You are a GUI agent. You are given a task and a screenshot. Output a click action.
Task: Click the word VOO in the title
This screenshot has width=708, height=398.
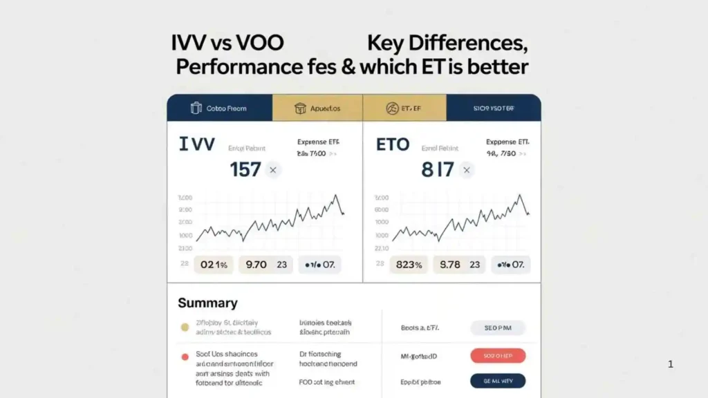(260, 43)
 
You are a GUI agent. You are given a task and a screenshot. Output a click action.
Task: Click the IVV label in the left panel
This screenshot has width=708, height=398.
(197, 144)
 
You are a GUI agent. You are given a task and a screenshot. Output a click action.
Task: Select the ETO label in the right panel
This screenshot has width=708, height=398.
(393, 145)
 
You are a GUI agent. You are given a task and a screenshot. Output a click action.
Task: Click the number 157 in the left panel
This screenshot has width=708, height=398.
(245, 169)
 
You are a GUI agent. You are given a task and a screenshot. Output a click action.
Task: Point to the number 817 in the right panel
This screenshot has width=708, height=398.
(438, 169)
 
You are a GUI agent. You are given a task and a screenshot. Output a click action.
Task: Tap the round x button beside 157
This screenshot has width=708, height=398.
(272, 169)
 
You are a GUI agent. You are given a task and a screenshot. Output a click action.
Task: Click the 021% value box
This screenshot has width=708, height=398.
(214, 264)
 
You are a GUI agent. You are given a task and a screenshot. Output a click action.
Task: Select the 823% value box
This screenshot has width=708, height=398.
(410, 264)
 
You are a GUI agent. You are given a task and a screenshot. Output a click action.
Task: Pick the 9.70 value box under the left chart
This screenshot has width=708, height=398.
(265, 264)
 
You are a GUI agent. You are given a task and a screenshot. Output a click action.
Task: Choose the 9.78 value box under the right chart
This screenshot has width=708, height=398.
(460, 264)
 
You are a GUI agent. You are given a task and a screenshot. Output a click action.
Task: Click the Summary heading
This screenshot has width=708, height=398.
(207, 303)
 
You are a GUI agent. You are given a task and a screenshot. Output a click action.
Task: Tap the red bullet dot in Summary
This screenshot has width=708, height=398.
(185, 357)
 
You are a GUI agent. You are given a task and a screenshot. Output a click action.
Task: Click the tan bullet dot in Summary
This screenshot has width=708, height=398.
(185, 328)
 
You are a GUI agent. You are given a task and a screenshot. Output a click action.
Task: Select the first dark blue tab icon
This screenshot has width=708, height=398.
(196, 108)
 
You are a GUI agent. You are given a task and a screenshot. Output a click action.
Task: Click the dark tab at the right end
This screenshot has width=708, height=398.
(494, 108)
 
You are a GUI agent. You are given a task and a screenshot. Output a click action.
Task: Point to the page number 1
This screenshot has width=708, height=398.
(671, 364)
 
